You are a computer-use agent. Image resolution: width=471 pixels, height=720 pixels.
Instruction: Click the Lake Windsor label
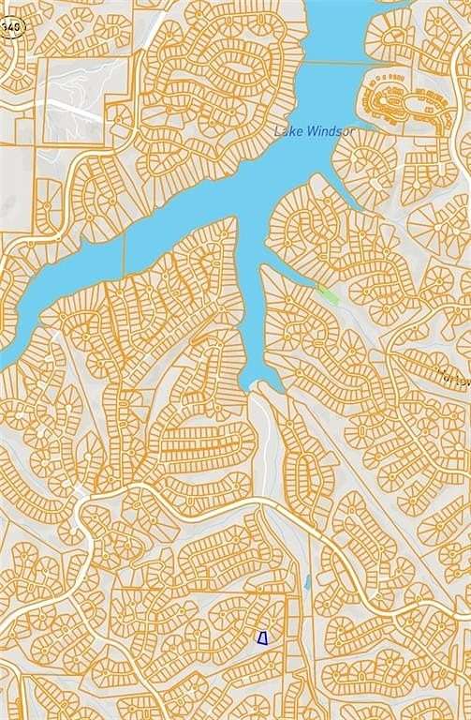pos(314,131)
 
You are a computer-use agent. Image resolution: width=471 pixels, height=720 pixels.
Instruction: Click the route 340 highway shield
pos(10,26)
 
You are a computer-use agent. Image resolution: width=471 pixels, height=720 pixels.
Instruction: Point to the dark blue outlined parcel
pos(263,638)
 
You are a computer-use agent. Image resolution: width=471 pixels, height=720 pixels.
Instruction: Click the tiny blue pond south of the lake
pos(307,582)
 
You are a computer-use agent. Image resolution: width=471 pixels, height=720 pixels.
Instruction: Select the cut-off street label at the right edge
pos(457,376)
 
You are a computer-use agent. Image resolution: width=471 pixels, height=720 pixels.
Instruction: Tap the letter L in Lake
pos(277,131)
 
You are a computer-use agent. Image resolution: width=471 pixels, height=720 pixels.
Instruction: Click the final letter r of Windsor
pos(350,131)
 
